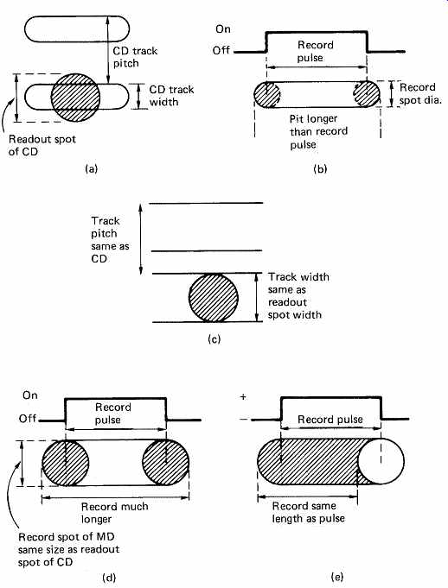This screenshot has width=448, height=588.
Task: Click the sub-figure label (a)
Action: pyautogui.click(x=92, y=168)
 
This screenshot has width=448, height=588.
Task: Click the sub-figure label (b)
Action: pyautogui.click(x=320, y=168)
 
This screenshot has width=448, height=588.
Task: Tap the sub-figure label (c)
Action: pyautogui.click(x=214, y=339)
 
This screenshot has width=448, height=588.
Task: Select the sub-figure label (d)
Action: pyautogui.click(x=109, y=578)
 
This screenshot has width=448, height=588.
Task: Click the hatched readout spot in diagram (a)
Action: pyautogui.click(x=75, y=98)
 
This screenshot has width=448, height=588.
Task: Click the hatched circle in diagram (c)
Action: pyautogui.click(x=214, y=298)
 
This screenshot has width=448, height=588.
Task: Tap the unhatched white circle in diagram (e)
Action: pyautogui.click(x=381, y=461)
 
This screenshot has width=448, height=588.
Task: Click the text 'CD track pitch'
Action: pyautogui.click(x=135, y=57)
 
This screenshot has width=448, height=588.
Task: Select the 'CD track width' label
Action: pyautogui.click(x=171, y=96)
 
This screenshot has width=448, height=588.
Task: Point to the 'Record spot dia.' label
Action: pyautogui.click(x=420, y=93)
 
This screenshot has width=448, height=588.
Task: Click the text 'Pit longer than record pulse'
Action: pyautogui.click(x=318, y=131)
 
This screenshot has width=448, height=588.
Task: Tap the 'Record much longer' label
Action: pyautogui.click(x=115, y=513)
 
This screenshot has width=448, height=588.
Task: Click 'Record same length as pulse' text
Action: pyautogui.click(x=308, y=512)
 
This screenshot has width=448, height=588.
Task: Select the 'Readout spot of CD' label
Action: pyautogui.click(x=42, y=145)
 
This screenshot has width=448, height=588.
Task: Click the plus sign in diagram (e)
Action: pyautogui.click(x=243, y=397)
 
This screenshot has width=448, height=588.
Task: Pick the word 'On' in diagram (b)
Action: pyautogui.click(x=223, y=28)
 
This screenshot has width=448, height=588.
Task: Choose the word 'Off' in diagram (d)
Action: pyautogui.click(x=28, y=418)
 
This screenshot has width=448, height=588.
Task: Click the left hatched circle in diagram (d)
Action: pyautogui.click(x=66, y=463)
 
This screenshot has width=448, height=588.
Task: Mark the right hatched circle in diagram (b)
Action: pyautogui.click(x=366, y=94)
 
